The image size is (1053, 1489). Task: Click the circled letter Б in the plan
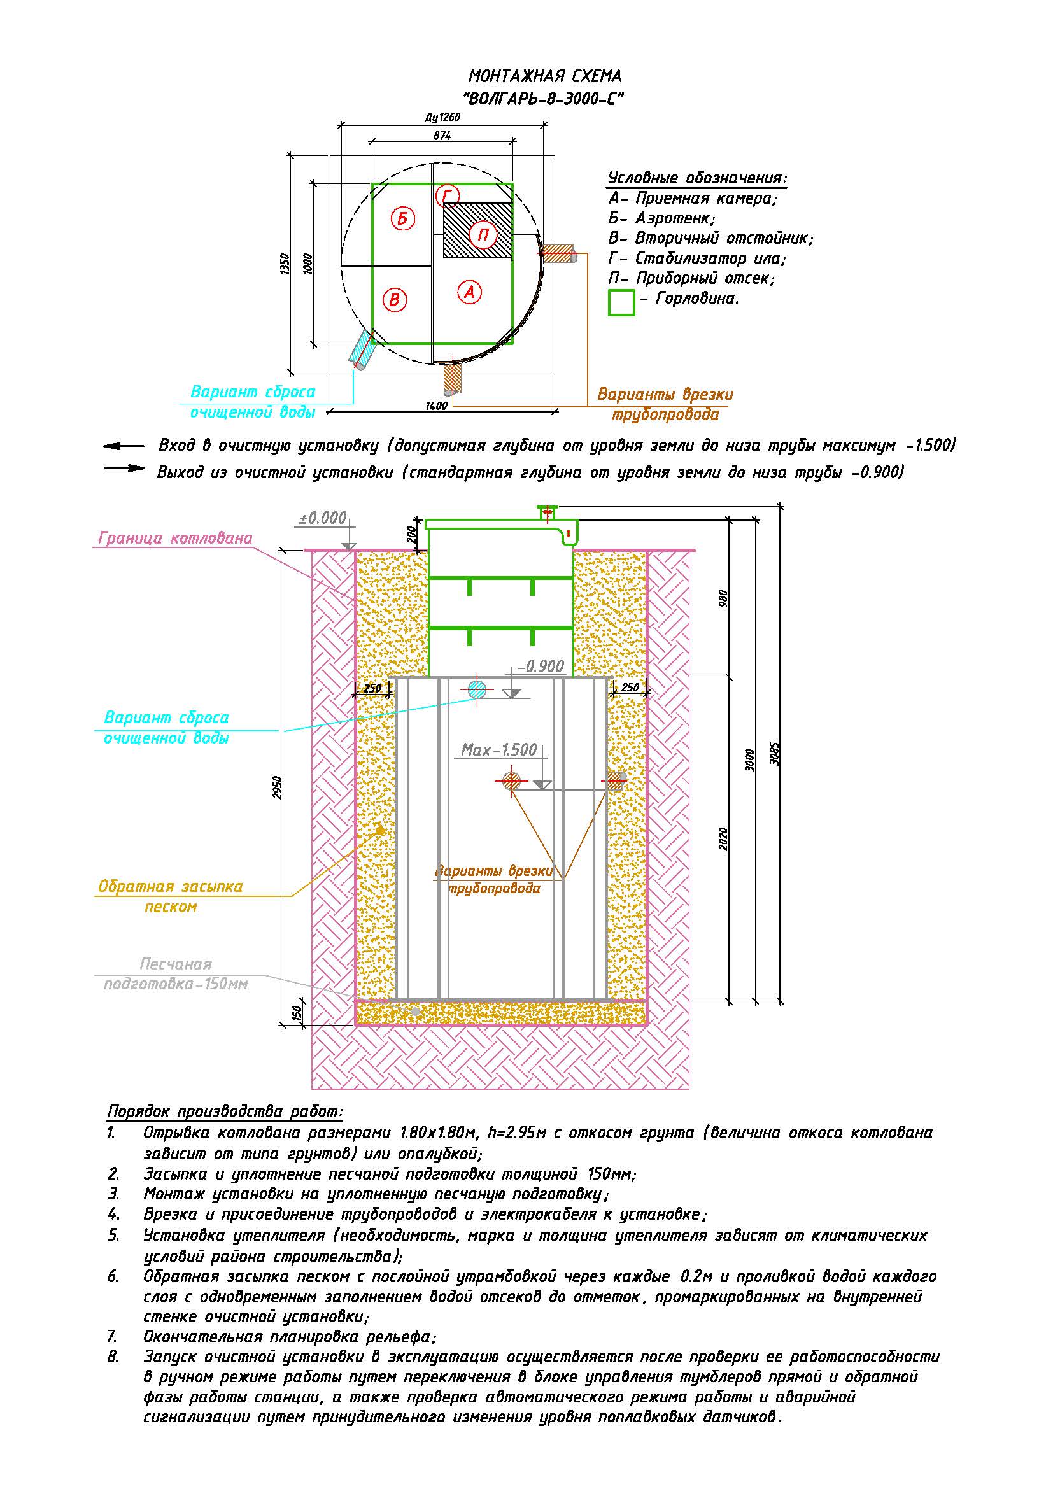[x=402, y=218]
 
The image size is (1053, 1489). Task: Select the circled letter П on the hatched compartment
[x=483, y=234]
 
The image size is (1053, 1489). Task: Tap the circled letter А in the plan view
[x=469, y=292]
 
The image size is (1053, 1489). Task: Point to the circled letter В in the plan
[x=394, y=300]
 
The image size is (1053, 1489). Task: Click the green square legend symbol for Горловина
[x=621, y=303]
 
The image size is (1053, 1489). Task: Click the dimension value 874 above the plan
[x=442, y=136]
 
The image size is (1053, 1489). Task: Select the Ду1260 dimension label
[x=442, y=117]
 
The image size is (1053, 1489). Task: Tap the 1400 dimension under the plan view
[x=436, y=406]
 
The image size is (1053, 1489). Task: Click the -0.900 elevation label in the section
[x=541, y=666]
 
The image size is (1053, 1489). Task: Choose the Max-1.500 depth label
[x=498, y=750]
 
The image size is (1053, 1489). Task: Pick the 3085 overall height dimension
[x=775, y=753]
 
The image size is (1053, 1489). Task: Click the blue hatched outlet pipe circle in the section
[x=477, y=690]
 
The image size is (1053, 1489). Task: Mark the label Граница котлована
[x=175, y=539]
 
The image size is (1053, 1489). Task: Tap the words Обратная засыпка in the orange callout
[x=170, y=886]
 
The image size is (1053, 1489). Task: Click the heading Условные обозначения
[x=698, y=178]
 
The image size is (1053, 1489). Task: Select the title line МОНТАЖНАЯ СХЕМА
[x=545, y=76]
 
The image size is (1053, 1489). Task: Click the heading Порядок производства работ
[x=224, y=1111]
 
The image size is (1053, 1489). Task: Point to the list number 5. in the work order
[x=113, y=1235]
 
